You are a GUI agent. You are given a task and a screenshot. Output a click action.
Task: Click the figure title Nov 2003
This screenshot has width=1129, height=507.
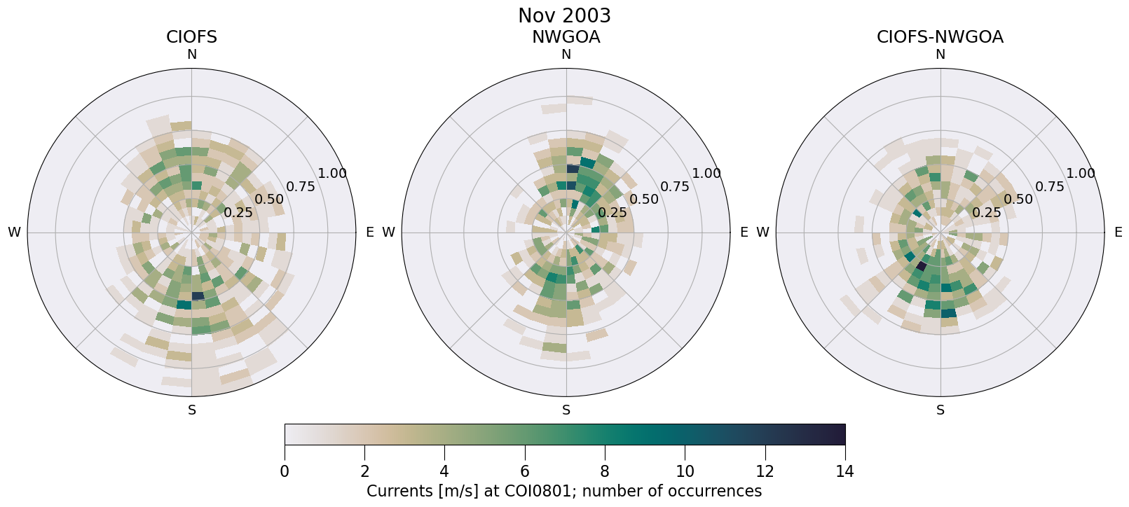(564, 15)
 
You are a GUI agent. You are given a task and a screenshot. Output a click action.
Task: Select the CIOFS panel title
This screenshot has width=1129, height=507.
(191, 37)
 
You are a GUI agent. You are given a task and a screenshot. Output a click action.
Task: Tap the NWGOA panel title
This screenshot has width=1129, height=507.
(566, 37)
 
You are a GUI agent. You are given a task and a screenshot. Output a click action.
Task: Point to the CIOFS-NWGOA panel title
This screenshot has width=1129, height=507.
(940, 37)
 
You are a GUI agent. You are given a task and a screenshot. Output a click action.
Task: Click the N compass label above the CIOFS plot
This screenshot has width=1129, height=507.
(191, 55)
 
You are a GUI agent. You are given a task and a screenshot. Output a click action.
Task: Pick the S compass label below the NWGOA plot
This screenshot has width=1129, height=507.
(566, 410)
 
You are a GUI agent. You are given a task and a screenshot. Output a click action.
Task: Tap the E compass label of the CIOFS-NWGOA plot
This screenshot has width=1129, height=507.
(1118, 232)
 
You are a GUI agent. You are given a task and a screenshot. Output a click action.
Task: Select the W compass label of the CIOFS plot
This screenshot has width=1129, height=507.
(14, 232)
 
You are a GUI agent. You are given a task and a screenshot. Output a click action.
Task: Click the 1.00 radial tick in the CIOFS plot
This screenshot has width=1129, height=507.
(332, 174)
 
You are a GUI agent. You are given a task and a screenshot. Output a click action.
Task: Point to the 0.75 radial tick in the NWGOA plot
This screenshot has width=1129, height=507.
(675, 186)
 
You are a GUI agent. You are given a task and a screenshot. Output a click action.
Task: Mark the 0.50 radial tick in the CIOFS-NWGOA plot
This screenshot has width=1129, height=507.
(1018, 199)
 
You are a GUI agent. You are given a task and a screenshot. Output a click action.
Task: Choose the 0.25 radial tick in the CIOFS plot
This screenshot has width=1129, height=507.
(238, 212)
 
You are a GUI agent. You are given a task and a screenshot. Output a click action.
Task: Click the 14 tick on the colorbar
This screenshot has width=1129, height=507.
(844, 471)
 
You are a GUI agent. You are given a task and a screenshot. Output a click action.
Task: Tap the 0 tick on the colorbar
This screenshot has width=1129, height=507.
(285, 471)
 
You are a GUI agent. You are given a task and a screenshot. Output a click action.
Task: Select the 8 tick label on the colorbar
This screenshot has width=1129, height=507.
(605, 471)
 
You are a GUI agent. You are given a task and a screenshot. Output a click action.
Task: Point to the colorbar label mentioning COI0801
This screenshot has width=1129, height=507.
(564, 491)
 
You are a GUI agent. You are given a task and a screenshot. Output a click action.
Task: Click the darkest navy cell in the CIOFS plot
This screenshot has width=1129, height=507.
(198, 296)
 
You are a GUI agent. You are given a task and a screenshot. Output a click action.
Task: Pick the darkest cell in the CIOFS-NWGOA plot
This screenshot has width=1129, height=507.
(922, 266)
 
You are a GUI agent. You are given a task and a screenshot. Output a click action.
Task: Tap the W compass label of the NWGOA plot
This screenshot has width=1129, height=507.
(388, 232)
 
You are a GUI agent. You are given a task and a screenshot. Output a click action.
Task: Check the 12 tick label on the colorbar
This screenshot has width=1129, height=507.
(765, 471)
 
